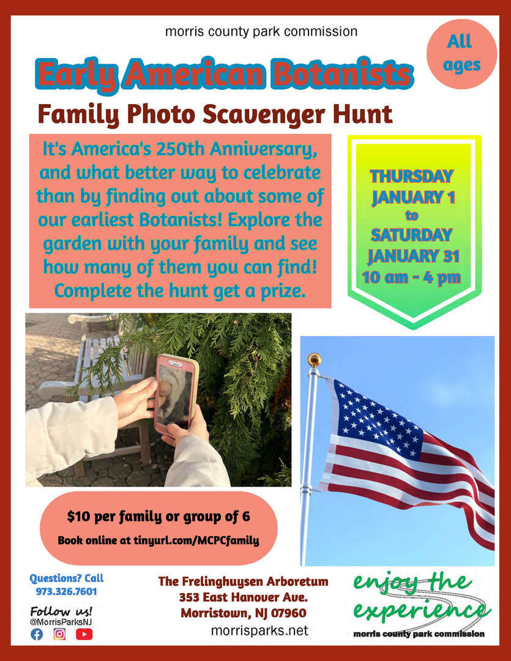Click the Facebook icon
(x=37, y=634)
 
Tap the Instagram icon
(x=59, y=634)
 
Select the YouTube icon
(x=84, y=634)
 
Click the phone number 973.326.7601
(x=66, y=591)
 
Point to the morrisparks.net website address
(x=259, y=630)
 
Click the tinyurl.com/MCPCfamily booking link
(x=196, y=540)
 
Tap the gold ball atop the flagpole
(x=314, y=360)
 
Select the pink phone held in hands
(x=176, y=395)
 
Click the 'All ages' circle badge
(x=461, y=54)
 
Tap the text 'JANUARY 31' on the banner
(x=413, y=256)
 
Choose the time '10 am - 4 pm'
(x=411, y=277)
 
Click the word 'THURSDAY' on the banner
(x=411, y=176)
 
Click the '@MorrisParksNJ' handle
(x=61, y=621)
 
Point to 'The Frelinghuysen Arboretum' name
(x=244, y=582)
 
